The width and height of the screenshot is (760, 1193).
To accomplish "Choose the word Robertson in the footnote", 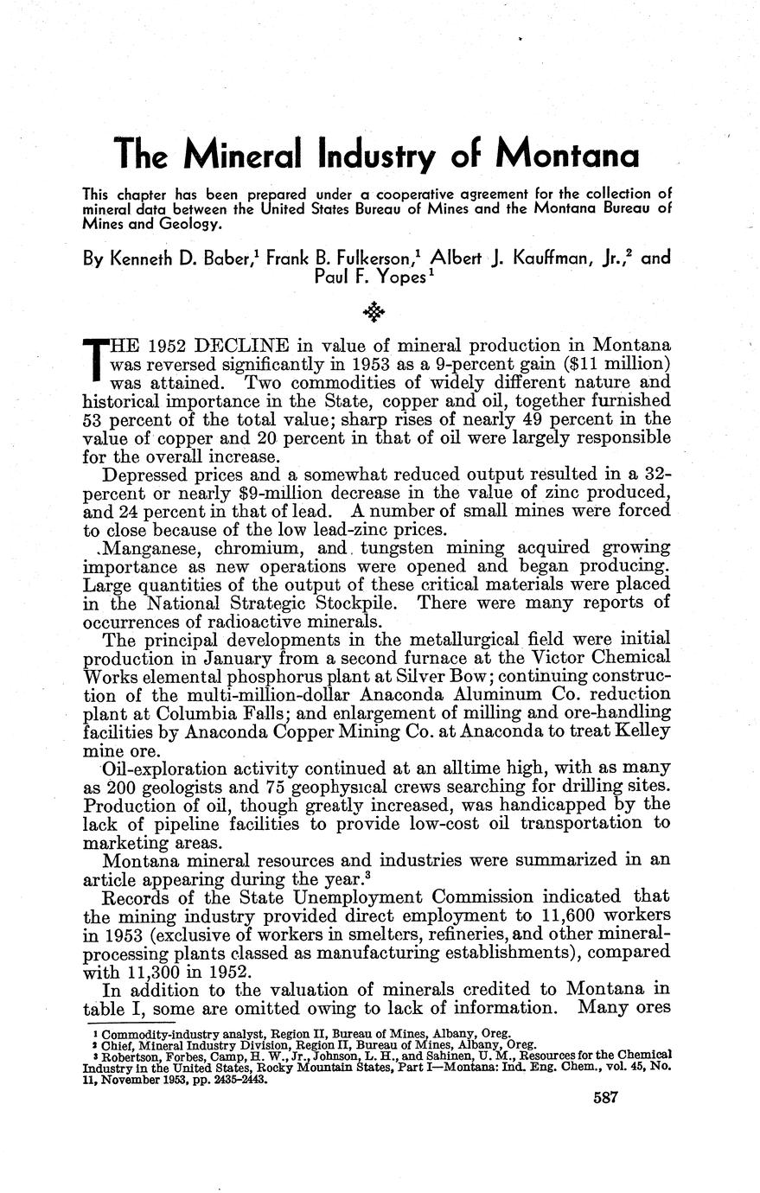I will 126,1056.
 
